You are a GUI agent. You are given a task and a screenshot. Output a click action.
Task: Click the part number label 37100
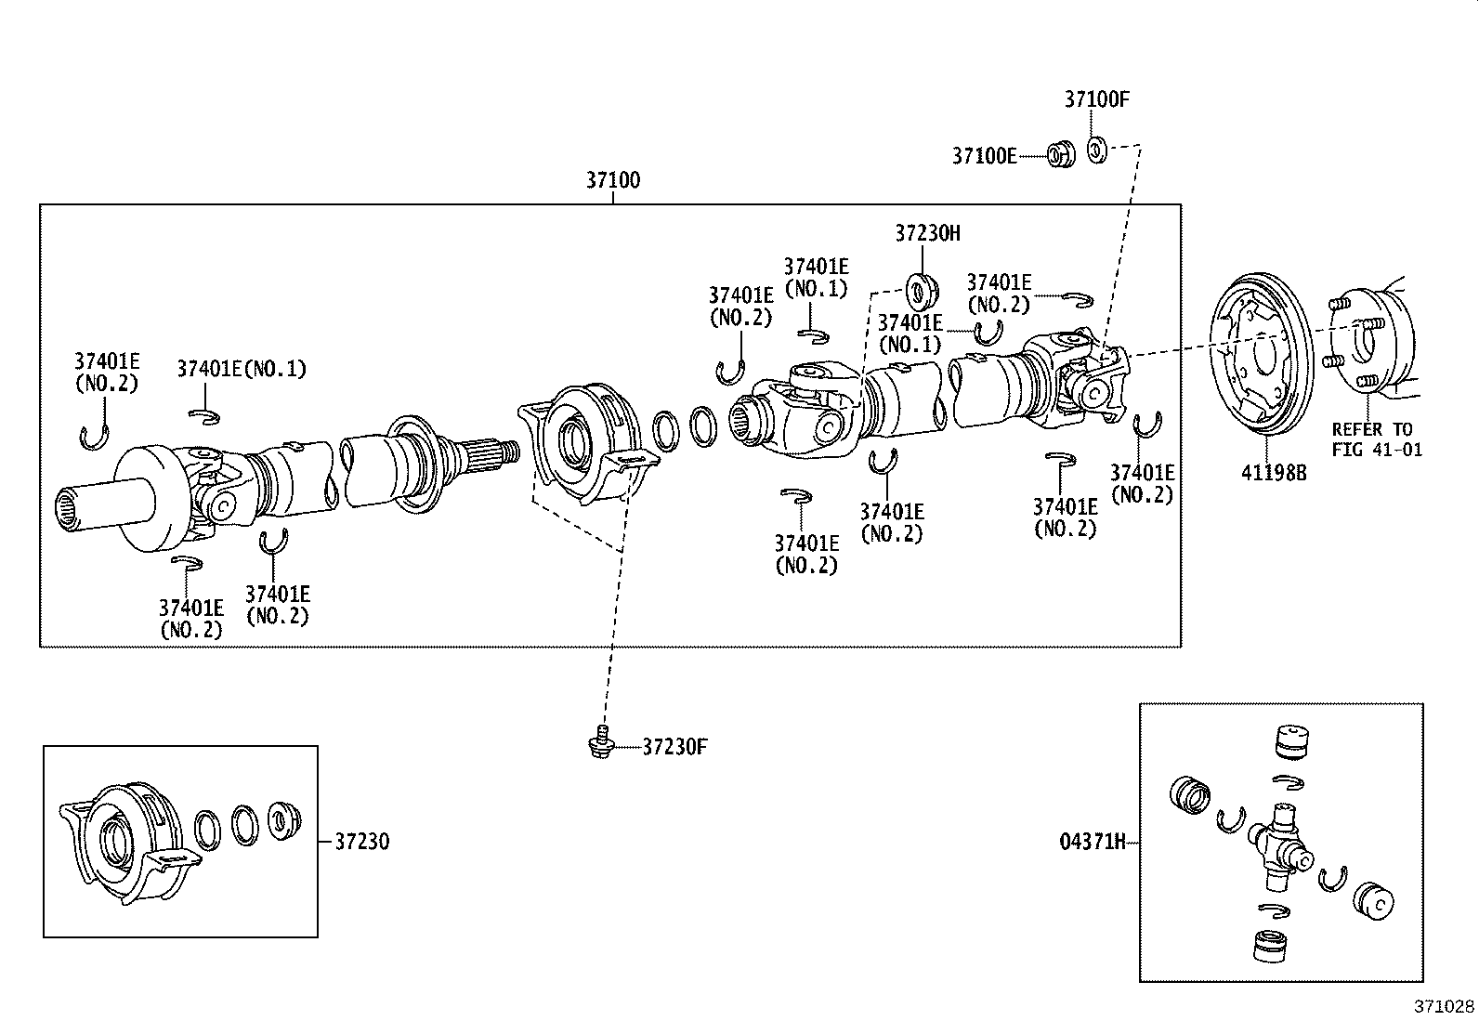point(612,179)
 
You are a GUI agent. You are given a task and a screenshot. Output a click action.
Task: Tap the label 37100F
point(1096,100)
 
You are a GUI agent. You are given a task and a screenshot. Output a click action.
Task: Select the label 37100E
point(984,155)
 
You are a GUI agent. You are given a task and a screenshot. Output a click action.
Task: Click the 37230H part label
point(927,233)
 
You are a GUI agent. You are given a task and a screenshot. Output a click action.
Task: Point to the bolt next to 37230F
point(601,744)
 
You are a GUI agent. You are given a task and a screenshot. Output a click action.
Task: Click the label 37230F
point(674,746)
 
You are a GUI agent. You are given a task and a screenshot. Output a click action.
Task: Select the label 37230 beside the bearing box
point(361,842)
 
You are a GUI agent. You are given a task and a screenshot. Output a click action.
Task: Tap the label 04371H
point(1092,842)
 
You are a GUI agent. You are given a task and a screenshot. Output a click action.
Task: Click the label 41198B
point(1274,472)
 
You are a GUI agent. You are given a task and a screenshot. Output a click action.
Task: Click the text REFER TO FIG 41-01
point(1376,439)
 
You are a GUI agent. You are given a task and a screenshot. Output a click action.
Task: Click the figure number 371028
point(1444,1006)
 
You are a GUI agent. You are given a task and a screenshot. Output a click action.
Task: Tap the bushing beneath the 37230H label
point(923,290)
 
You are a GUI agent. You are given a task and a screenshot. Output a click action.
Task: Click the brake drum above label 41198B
point(1257,354)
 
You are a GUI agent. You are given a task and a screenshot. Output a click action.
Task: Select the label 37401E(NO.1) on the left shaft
point(242,369)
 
